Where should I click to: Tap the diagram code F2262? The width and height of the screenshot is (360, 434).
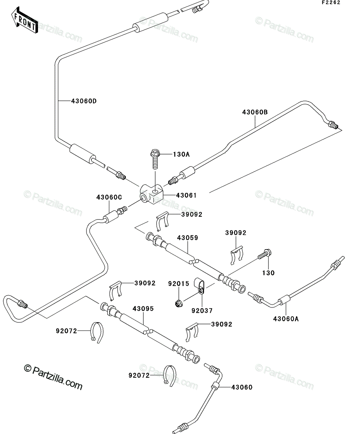pyautogui.click(x=331, y=3)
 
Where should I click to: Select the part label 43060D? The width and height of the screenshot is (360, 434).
pyautogui.click(x=84, y=101)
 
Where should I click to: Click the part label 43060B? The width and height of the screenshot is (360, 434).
pyautogui.click(x=255, y=112)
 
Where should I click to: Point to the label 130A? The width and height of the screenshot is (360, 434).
pyautogui.click(x=182, y=154)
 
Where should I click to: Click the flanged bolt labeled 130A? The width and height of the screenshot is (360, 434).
pyautogui.click(x=155, y=159)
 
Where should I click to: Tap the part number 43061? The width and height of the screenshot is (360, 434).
pyautogui.click(x=186, y=195)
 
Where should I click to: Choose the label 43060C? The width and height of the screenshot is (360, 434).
pyautogui.click(x=109, y=197)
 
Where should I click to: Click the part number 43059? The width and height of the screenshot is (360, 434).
pyautogui.click(x=187, y=238)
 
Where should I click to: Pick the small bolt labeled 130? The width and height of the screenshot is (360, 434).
pyautogui.click(x=265, y=254)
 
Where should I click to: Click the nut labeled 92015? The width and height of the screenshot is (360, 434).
pyautogui.click(x=179, y=304)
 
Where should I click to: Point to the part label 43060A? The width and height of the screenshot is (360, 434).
pyautogui.click(x=286, y=319)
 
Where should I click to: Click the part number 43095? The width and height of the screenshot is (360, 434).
pyautogui.click(x=143, y=309)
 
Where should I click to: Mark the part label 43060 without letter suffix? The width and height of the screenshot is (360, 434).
pyautogui.click(x=242, y=387)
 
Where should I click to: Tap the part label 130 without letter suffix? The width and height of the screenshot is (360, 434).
pyautogui.click(x=268, y=273)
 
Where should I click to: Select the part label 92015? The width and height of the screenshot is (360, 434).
pyautogui.click(x=179, y=284)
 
